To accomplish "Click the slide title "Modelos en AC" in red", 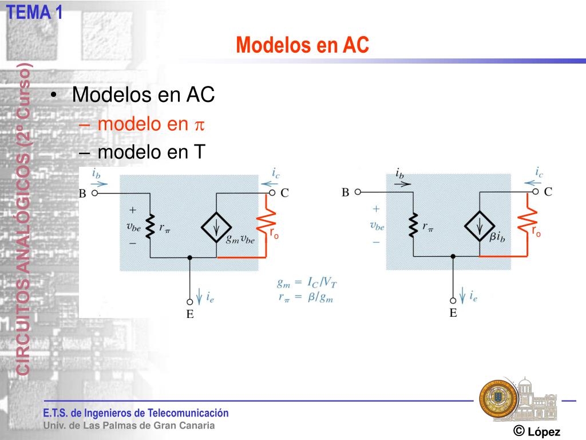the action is tap(303, 45).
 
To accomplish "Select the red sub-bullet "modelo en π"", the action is tap(151, 124).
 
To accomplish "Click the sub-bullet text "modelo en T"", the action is tap(151, 152).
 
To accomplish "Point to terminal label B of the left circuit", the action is tap(82, 194).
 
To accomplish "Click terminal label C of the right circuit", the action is tap(548, 192).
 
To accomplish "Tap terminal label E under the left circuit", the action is tap(190, 314).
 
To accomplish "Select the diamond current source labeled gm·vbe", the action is tap(216, 228).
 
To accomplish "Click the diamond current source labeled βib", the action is tap(479, 226).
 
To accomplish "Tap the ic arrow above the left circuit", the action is tap(268, 184).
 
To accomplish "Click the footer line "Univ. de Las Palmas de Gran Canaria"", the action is tap(129, 426).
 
